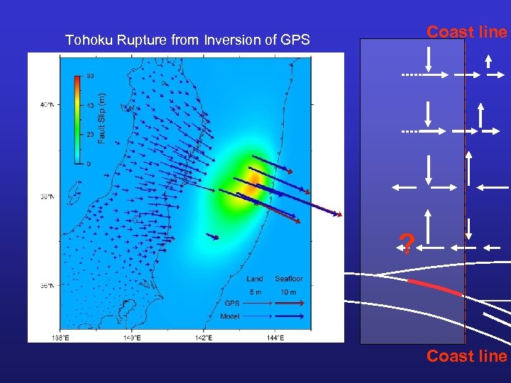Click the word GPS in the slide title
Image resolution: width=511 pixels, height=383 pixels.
coord(295,40)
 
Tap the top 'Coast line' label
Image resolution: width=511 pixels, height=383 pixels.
coord(466,32)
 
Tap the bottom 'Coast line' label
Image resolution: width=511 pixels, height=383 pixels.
coord(466,356)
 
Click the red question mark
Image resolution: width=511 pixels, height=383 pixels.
coord(407,244)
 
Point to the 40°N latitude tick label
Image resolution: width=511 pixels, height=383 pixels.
coord(48,105)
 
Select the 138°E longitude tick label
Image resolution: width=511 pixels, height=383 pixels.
coord(60,337)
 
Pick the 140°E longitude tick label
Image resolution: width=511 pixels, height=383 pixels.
coord(132,337)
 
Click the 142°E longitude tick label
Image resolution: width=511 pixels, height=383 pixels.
coord(204,337)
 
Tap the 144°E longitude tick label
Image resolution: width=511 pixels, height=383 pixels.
coord(276,337)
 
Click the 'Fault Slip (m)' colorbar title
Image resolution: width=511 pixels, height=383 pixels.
coord(101,118)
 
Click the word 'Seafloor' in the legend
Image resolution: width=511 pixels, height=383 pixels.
coord(289,279)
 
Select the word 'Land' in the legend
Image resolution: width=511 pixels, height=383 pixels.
coord(255,279)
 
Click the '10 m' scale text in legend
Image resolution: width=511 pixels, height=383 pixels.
coord(289,292)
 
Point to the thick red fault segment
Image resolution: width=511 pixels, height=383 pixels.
coord(434,287)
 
